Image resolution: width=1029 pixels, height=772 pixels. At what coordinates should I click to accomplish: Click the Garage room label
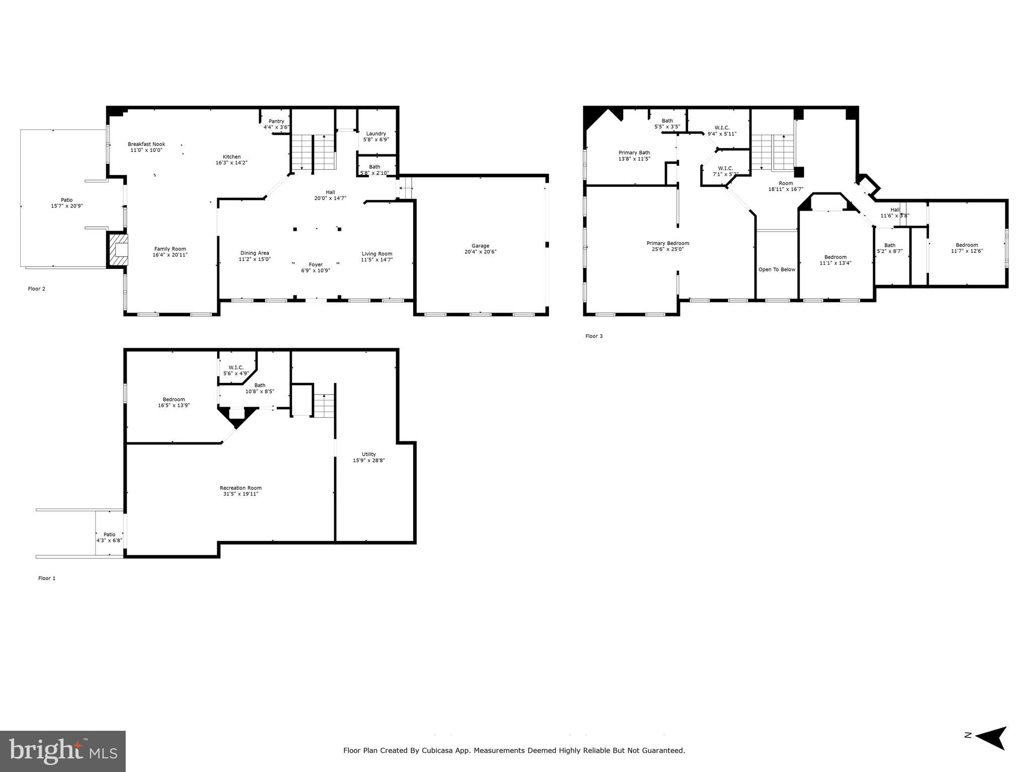tap(480, 246)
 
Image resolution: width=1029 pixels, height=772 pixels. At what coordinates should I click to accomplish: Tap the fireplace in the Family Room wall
tap(118, 250)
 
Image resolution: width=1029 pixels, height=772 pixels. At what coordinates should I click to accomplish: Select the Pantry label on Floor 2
tap(276, 121)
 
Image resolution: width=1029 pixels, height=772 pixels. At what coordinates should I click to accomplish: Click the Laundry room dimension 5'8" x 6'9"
tap(376, 139)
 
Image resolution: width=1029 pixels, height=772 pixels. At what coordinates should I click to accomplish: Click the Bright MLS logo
tap(62, 751)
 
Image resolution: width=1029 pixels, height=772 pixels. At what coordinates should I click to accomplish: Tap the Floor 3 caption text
tap(594, 336)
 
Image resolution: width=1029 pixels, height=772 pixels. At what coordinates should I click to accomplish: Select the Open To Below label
tap(777, 269)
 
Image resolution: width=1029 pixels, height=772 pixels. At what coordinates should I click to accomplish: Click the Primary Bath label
tap(634, 153)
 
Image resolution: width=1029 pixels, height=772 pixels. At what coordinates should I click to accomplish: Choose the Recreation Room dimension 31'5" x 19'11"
tap(240, 494)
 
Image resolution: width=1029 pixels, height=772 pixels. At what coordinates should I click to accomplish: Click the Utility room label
tap(368, 454)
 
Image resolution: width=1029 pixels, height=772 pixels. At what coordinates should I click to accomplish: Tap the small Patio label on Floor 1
tap(109, 534)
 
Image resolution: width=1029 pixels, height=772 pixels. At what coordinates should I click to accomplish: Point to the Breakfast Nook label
tap(146, 144)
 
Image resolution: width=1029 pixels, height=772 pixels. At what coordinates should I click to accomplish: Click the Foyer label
tap(316, 264)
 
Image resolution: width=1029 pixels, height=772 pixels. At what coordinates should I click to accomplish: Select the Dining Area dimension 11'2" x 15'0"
tap(254, 259)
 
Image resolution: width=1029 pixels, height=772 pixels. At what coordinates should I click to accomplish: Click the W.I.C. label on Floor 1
tap(236, 367)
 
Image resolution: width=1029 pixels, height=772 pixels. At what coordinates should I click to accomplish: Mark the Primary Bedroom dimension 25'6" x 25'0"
tap(668, 249)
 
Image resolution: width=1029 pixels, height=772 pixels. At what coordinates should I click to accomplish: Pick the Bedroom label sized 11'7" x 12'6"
tap(967, 245)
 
